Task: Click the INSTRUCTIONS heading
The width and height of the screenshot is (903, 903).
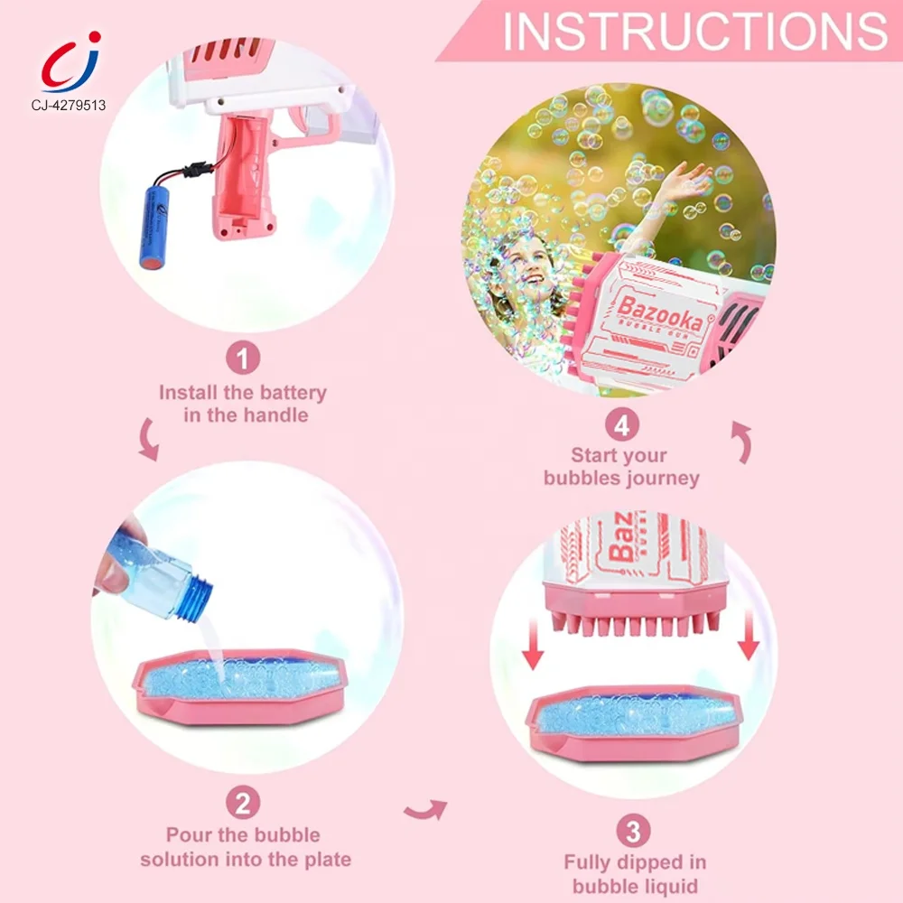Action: click(x=695, y=31)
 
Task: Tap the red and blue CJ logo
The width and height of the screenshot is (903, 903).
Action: click(x=70, y=61)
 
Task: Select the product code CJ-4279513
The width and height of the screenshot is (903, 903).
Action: click(x=69, y=105)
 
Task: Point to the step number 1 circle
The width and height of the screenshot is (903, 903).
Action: click(x=242, y=358)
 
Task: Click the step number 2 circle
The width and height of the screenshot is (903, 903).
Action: click(x=242, y=802)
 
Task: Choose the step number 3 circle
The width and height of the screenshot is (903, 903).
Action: click(x=633, y=831)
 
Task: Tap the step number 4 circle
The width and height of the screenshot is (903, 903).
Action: click(x=622, y=425)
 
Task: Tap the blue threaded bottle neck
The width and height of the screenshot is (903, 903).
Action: click(x=194, y=596)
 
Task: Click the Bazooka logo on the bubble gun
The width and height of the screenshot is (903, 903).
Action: click(x=660, y=313)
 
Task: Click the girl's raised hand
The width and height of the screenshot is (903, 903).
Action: click(x=685, y=179)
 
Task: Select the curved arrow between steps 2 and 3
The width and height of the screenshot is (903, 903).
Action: click(x=426, y=810)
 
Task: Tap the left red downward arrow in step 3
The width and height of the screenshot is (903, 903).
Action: click(x=533, y=642)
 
